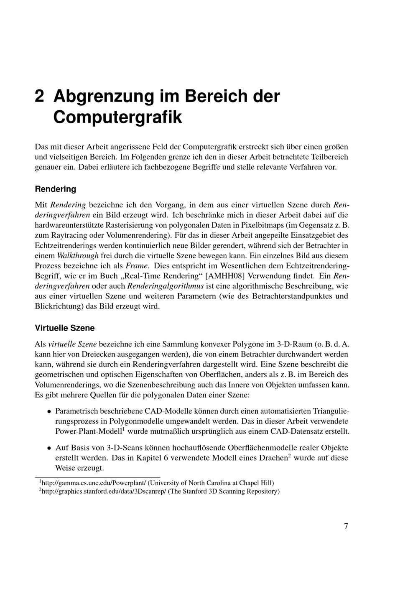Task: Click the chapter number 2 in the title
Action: (39, 96)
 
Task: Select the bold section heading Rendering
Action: (55, 189)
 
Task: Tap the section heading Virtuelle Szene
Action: (64, 328)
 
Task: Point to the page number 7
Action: (346, 526)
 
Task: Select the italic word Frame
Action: (135, 266)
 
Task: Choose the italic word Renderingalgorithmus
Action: (166, 286)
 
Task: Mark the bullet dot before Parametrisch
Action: (49, 411)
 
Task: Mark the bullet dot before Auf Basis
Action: (49, 448)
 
